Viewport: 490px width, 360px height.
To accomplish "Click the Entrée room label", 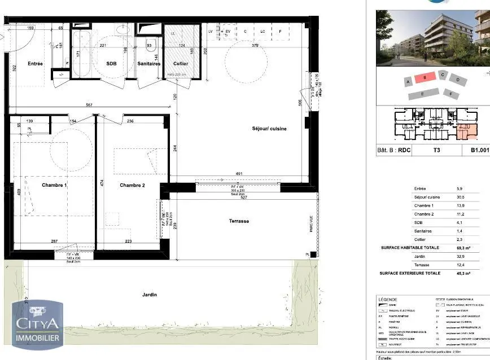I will pos(35,64).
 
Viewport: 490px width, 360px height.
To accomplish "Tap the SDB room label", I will pos(112,64).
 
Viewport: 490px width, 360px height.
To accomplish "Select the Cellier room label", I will pos(181,64).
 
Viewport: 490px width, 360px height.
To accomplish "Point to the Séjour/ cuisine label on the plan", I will pos(269,129).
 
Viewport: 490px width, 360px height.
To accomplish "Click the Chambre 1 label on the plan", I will pos(54,185).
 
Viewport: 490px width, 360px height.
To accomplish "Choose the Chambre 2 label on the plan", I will pos(132,185).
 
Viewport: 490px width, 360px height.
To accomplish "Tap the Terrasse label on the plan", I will pos(239,221).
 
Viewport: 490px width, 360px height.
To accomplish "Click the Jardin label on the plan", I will pos(150,295).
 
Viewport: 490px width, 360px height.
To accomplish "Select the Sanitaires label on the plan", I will pos(149,64).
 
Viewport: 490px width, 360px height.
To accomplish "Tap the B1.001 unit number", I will pos(478,151).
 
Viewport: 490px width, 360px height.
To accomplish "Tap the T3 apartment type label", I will pos(436,151).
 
